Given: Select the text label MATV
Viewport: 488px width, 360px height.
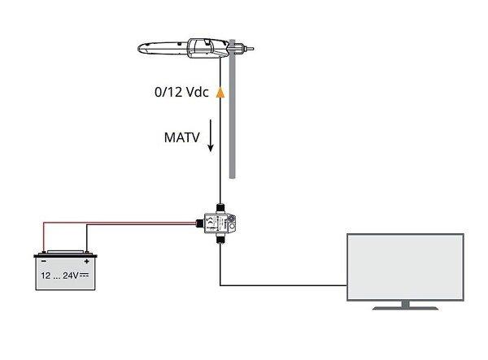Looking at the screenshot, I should (x=181, y=137).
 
